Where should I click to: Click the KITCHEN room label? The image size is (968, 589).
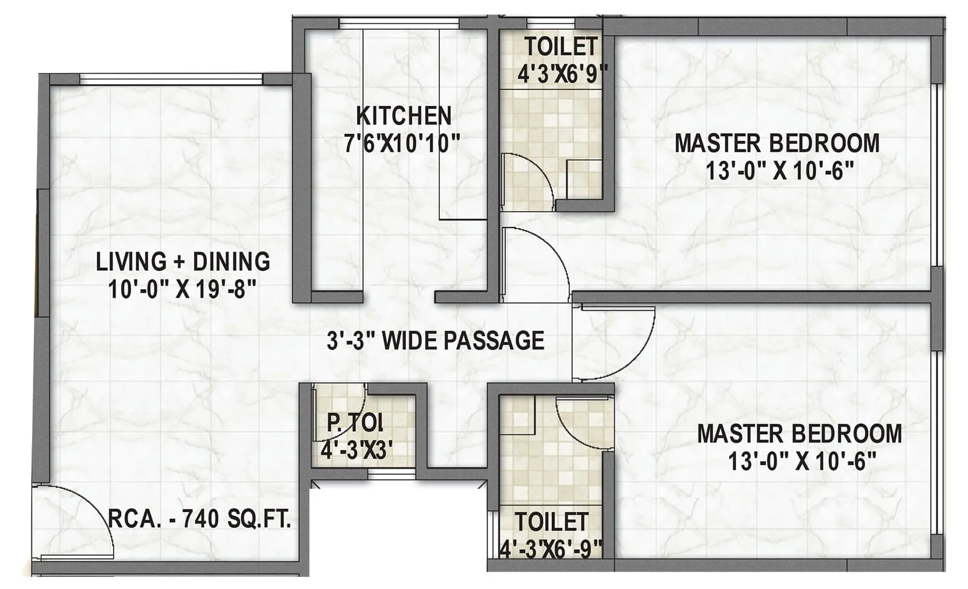click(404, 116)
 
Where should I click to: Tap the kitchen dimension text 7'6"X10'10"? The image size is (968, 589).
click(402, 144)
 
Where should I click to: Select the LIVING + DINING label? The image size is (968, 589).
click(183, 262)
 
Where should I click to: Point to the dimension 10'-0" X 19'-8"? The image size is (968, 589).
click(183, 290)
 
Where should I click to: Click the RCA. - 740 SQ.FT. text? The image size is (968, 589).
click(200, 519)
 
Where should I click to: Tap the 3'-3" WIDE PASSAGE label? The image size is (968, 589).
click(435, 340)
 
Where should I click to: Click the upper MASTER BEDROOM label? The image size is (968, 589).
click(777, 143)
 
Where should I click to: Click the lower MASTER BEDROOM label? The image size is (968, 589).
click(799, 434)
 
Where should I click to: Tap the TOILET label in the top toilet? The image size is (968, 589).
click(561, 47)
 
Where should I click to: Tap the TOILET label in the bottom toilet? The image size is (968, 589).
click(551, 522)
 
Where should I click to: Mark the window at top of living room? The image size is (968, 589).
click(171, 79)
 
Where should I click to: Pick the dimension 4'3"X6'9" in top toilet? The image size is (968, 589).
click(562, 74)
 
